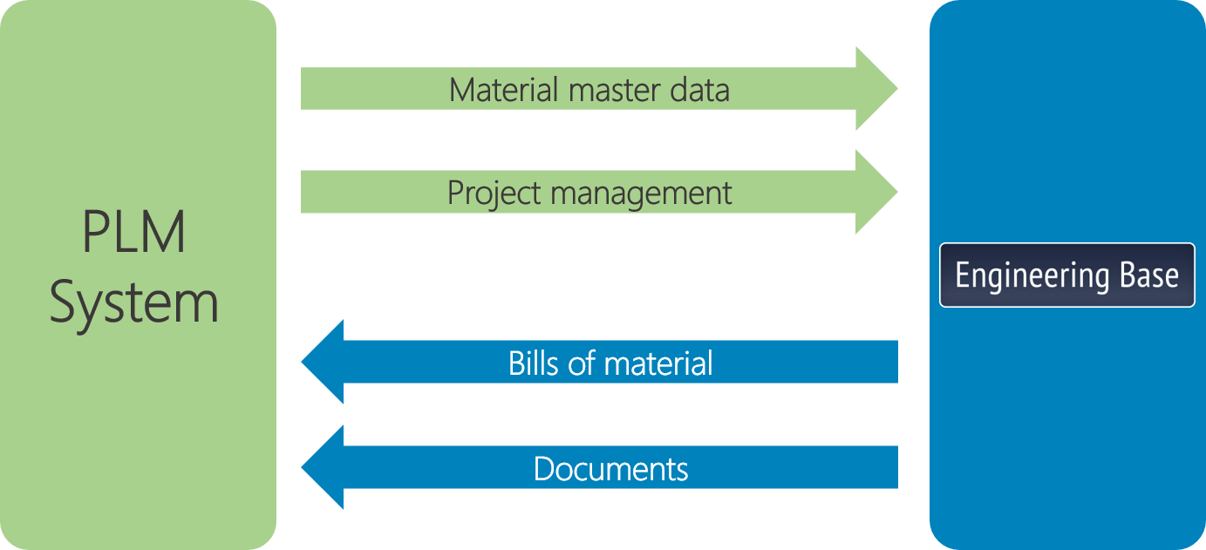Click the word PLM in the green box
pyautogui.click(x=134, y=234)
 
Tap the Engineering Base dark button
pyautogui.click(x=1066, y=275)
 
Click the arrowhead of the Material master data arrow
pyautogui.click(x=876, y=89)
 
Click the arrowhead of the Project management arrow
pyautogui.click(x=876, y=192)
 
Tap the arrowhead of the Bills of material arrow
pyautogui.click(x=324, y=362)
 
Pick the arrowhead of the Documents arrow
pyautogui.click(x=324, y=467)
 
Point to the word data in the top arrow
pyautogui.click(x=703, y=90)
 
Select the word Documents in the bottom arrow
pyautogui.click(x=610, y=469)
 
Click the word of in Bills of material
pyautogui.click(x=583, y=363)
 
